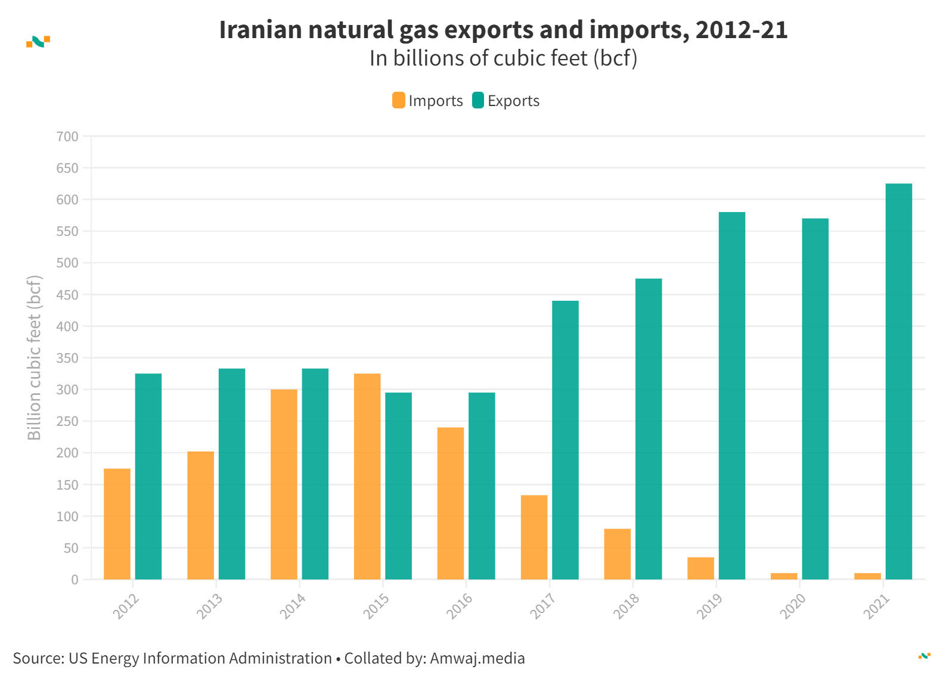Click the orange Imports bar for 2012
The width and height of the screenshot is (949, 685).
[117, 524]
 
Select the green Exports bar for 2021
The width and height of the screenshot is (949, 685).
[898, 381]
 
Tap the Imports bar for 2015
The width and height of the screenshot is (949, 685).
[367, 476]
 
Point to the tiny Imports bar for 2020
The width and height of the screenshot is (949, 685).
[784, 576]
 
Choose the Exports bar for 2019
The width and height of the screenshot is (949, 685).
[731, 396]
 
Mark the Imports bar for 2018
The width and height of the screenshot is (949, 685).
[617, 554]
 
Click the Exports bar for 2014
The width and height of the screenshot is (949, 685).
[315, 474]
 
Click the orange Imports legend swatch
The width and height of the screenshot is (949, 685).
[398, 101]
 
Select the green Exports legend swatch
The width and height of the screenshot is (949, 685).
[478, 101]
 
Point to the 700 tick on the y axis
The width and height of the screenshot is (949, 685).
[67, 136]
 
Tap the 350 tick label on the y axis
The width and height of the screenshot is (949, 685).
[67, 358]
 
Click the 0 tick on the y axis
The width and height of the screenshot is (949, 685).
[75, 580]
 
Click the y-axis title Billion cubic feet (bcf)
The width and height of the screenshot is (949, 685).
[35, 357]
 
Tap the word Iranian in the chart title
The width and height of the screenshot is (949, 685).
[260, 30]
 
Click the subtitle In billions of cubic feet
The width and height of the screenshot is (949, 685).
[503, 58]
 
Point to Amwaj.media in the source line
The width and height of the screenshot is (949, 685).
[477, 658]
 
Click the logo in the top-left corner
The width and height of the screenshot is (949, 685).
[38, 41]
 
